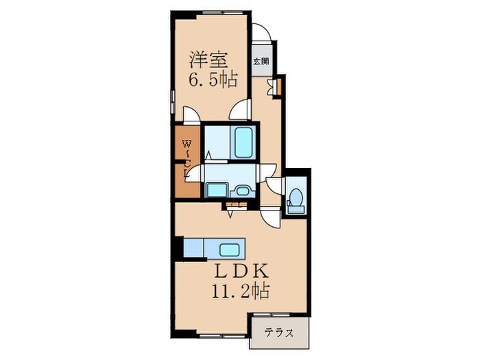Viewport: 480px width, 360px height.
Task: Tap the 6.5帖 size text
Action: tap(213, 80)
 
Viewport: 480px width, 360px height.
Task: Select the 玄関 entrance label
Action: tap(261, 61)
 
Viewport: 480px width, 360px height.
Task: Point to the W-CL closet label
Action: tap(185, 157)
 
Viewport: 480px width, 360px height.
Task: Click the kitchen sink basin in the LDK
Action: tap(228, 248)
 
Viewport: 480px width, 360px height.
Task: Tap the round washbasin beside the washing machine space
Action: tap(242, 190)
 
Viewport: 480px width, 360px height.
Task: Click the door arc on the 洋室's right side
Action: tap(242, 110)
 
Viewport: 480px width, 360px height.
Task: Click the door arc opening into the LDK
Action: tap(272, 218)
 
